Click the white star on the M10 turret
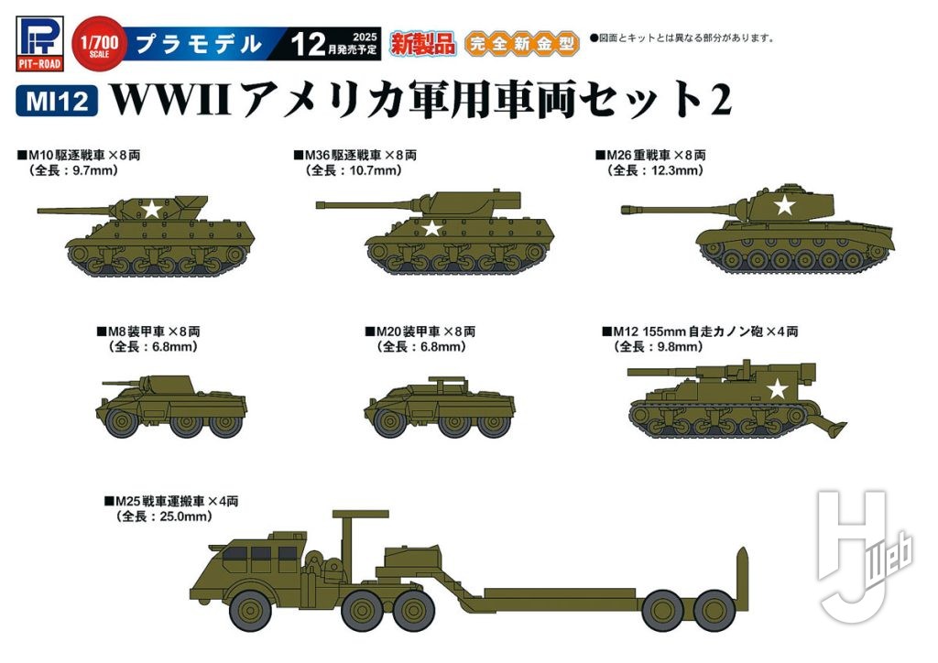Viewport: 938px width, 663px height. click(151, 210)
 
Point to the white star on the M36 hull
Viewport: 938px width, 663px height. click(431, 228)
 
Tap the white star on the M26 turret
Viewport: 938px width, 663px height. click(783, 206)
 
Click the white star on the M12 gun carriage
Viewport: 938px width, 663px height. click(777, 390)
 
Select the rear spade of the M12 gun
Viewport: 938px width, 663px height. click(829, 423)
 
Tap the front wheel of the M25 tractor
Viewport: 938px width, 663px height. click(248, 609)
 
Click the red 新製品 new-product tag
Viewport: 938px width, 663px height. click(422, 42)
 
